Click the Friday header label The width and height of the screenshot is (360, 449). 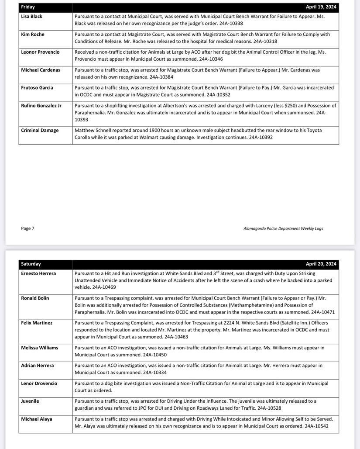(28, 7)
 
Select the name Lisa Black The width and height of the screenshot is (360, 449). (32, 17)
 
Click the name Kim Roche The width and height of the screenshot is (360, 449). (33, 34)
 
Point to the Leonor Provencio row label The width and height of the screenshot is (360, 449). (40, 52)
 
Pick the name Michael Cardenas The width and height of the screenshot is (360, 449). (41, 70)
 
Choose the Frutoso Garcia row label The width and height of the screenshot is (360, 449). (37, 88)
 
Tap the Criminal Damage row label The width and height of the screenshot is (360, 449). (40, 130)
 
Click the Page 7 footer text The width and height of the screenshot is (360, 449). (27, 228)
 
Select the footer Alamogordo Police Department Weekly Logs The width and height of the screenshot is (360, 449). (283, 228)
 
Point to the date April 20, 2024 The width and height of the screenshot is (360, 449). (321, 264)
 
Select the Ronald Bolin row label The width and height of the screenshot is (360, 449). (35, 298)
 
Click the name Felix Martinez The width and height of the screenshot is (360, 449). (37, 323)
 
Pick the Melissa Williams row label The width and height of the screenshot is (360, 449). (40, 348)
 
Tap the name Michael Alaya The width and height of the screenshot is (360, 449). (37, 419)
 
